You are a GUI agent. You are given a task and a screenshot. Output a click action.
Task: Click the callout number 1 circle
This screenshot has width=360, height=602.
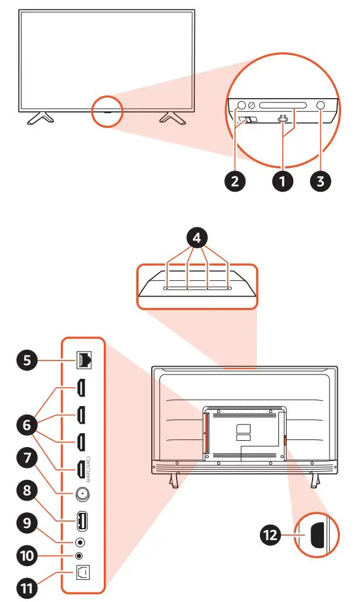coord(282,181)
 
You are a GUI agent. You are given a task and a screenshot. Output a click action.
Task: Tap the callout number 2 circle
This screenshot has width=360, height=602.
coord(235,181)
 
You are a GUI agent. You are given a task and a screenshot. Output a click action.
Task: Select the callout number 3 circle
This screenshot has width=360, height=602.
coord(321,181)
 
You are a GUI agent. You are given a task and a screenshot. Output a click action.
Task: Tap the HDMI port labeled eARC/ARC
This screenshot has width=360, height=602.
coord(82,469)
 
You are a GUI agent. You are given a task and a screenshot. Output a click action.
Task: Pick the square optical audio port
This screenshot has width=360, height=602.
coord(82,571)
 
